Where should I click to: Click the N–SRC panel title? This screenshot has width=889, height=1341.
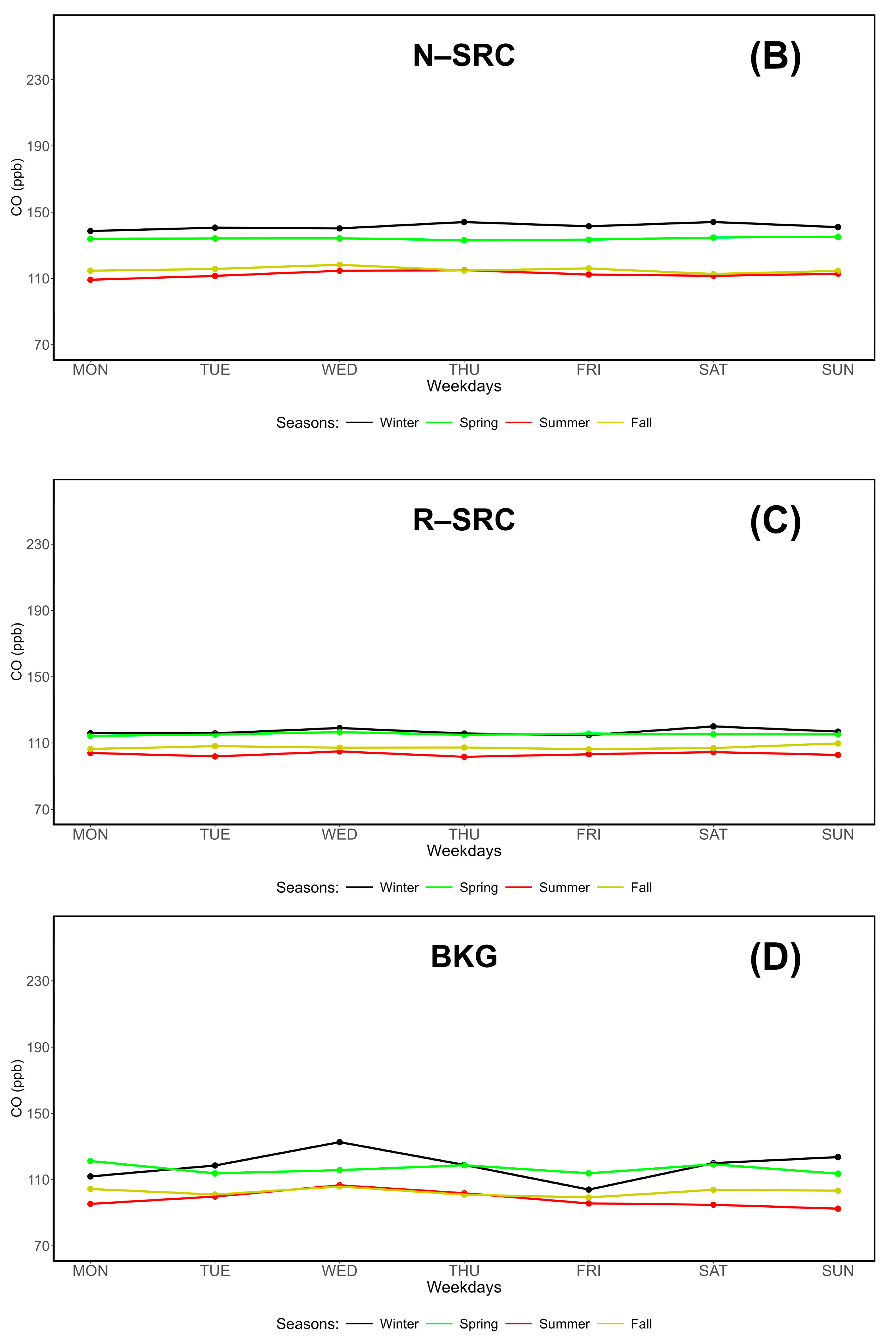pyautogui.click(x=464, y=56)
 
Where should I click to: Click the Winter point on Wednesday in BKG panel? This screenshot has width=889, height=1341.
pyautogui.click(x=340, y=1142)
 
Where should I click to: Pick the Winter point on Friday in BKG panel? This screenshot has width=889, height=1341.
pyautogui.click(x=589, y=1189)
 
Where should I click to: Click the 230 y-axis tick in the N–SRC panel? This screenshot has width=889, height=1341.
pyautogui.click(x=38, y=80)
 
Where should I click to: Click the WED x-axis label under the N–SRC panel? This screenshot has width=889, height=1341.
pyautogui.click(x=340, y=370)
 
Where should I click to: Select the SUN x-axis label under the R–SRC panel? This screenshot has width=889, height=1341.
pyautogui.click(x=837, y=835)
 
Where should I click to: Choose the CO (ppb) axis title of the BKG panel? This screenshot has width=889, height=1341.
pyautogui.click(x=17, y=1089)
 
